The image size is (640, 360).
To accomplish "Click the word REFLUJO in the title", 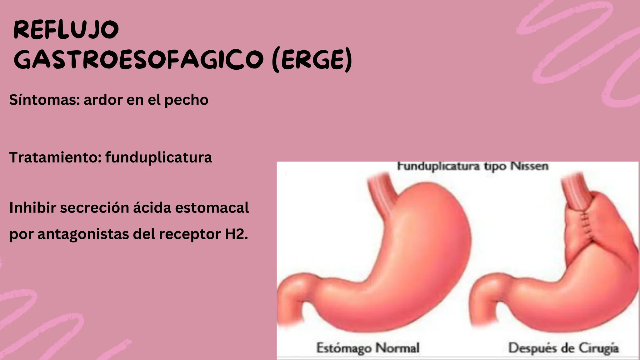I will coord(66,30).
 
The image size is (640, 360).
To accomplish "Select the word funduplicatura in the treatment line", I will coord(158,157).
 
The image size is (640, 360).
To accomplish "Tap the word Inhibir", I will coord(32,208).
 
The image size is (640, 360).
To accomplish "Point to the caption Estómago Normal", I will coord(368,348).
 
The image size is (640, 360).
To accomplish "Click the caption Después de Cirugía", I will coord(563,348).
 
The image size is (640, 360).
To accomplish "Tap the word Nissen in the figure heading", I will coord(529,166).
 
